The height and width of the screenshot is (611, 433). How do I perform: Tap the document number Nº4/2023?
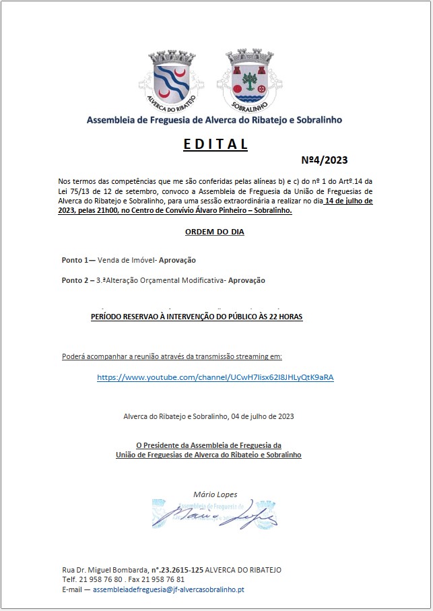[x=325, y=160]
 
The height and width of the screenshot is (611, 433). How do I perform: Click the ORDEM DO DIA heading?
[x=215, y=232]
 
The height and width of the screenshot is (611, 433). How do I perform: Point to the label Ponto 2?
[x=77, y=280]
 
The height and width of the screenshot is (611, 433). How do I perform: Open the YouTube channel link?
[x=215, y=377]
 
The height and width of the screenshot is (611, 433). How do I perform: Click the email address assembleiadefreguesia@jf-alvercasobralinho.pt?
[x=168, y=589]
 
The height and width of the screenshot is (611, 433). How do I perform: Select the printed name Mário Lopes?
[x=215, y=494]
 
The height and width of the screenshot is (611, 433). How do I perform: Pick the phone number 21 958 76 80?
[x=101, y=579]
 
